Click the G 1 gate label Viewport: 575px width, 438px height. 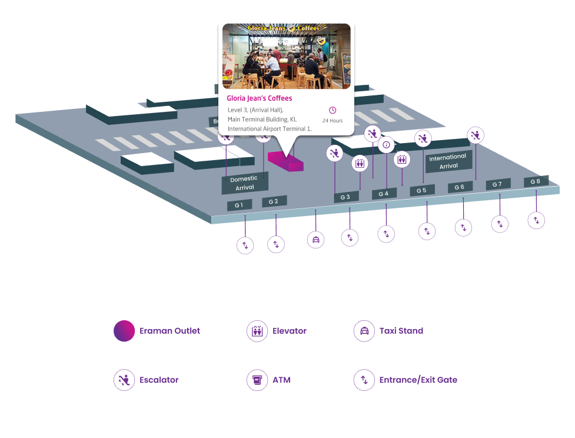[240, 205]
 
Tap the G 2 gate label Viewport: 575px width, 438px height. [274, 201]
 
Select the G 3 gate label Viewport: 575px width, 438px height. [345, 197]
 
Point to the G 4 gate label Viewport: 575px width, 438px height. [384, 194]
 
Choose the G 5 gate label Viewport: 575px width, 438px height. [422, 190]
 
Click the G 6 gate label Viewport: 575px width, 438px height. [460, 187]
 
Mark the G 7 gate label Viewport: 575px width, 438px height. [497, 184]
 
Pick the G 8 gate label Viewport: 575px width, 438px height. [536, 181]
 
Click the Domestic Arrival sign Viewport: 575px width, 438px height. [244, 183]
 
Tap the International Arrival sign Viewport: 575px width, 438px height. [448, 161]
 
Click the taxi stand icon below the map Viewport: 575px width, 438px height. [316, 240]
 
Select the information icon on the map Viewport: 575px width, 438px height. [386, 144]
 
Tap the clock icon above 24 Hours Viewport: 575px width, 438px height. [333, 110]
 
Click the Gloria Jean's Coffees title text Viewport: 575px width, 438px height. [260, 98]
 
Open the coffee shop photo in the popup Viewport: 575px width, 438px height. [286, 56]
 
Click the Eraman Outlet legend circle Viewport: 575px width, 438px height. [124, 331]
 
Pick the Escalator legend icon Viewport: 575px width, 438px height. [124, 380]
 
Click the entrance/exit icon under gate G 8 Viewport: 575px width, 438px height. [536, 220]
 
